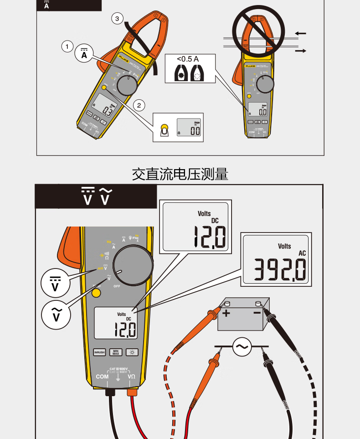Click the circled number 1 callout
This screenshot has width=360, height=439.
tap(67, 46)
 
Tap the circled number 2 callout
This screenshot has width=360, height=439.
tap(140, 105)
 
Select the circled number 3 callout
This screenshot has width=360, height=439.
tap(118, 19)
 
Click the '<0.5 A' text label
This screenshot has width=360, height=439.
tap(188, 59)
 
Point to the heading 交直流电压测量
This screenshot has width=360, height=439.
tap(180, 174)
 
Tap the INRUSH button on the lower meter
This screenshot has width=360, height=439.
tap(99, 352)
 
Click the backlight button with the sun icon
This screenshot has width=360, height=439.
tap(132, 352)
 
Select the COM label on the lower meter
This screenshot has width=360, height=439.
tap(102, 377)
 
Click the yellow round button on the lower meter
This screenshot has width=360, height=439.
tap(96, 293)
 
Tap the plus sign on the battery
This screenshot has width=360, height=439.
tap(226, 313)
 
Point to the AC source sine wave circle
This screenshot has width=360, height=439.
tap(242, 347)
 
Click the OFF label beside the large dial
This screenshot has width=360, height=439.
tap(117, 286)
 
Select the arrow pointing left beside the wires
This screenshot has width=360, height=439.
tap(301, 33)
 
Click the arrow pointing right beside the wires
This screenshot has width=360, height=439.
tap(301, 51)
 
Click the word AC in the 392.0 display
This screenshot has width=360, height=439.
tap(302, 253)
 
